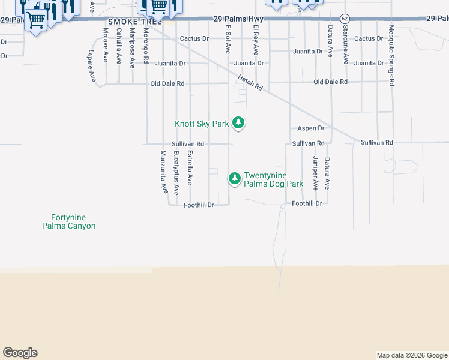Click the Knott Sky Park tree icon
point(239,123)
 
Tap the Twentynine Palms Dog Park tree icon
point(234,178)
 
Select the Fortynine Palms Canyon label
point(68,221)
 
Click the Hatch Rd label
point(250,82)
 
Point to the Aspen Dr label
point(311,128)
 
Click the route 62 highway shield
point(344,19)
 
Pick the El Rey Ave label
point(256,40)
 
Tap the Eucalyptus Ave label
point(176,173)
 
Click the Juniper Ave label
point(315,173)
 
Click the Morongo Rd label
point(146,45)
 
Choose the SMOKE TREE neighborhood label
point(127,22)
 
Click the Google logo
point(20,353)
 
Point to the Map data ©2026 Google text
point(412,355)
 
